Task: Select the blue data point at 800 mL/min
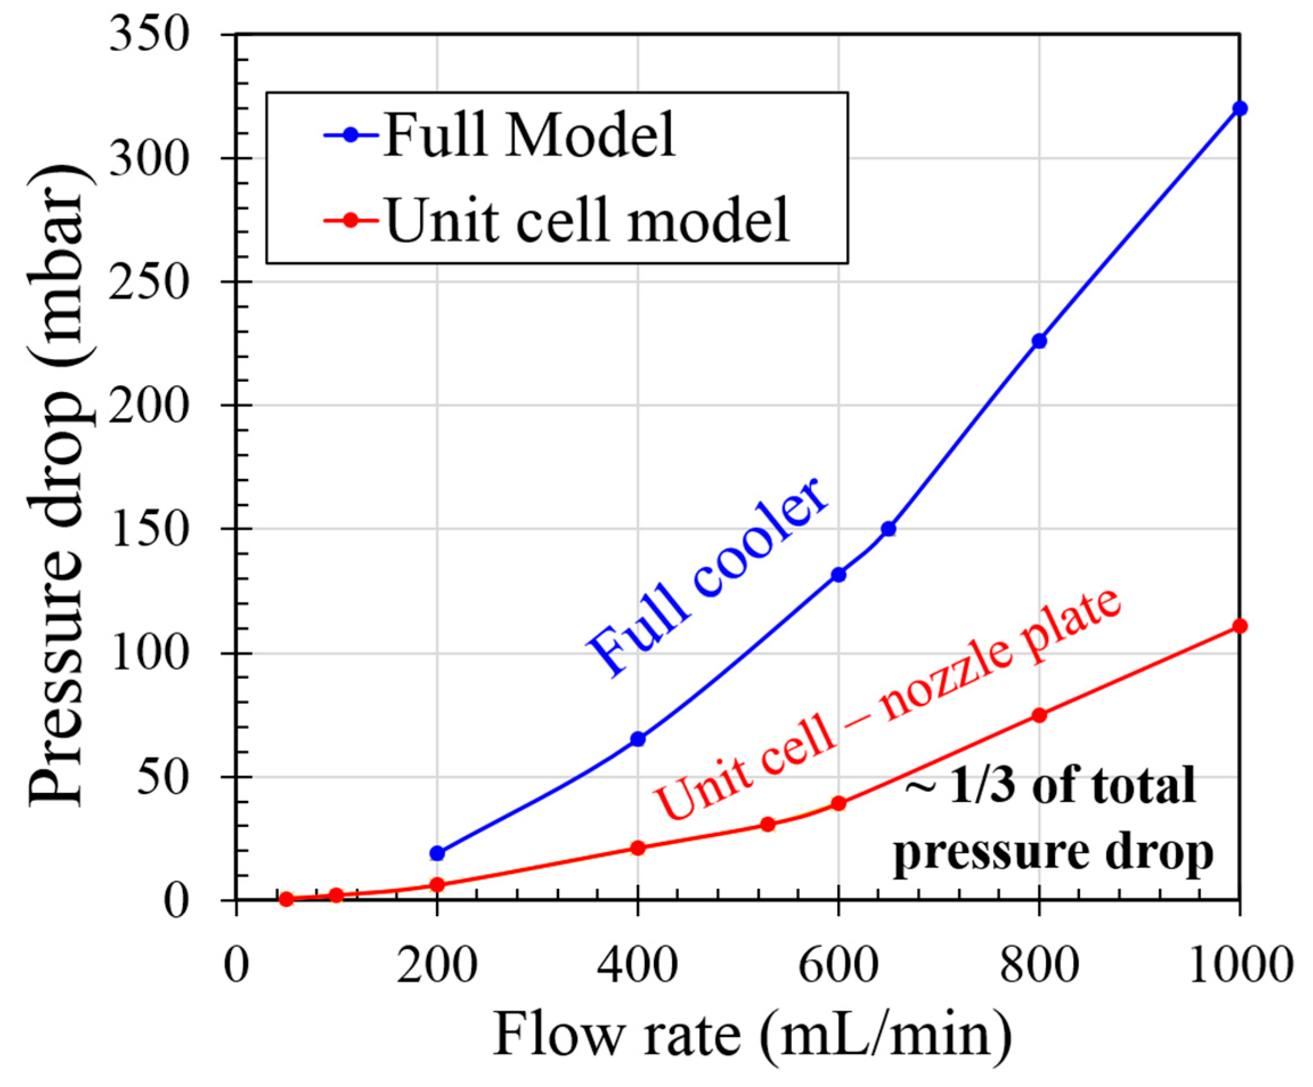click(1039, 341)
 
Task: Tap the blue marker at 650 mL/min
click(888, 529)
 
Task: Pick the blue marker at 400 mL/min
click(638, 739)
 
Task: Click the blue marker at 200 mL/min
click(437, 853)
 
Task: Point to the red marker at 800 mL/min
click(1039, 715)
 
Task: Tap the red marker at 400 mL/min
click(638, 848)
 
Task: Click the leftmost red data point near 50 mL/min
click(286, 899)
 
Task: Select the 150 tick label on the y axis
click(149, 529)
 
